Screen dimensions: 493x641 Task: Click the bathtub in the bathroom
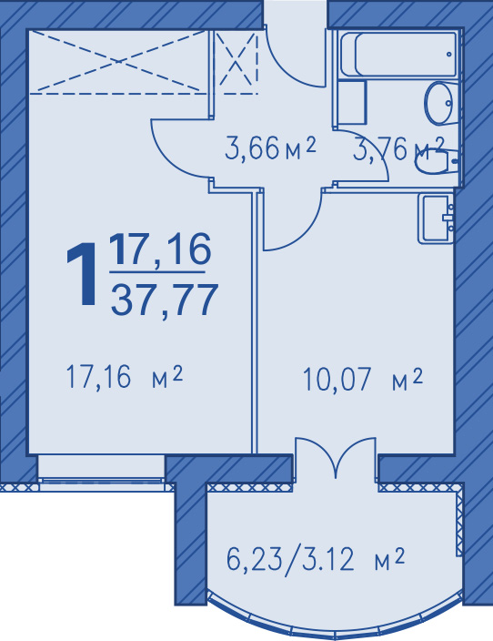coord(398,55)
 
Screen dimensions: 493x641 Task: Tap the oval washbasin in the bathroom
coord(440,103)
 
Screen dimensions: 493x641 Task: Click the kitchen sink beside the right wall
coord(437,219)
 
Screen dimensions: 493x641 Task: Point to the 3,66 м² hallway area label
coord(270,148)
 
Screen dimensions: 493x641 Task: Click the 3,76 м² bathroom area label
coord(398,148)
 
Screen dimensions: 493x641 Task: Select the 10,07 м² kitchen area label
coord(362,380)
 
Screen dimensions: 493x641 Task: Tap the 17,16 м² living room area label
coord(124,377)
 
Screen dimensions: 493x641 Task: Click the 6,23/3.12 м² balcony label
coord(316,560)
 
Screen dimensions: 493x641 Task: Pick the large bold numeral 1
coord(83,274)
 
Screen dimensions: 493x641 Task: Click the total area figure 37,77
coord(163,300)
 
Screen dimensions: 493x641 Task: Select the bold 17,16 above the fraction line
coord(160,249)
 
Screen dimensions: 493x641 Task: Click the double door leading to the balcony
coord(336,458)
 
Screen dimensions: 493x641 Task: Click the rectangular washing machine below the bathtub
coord(352,102)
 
